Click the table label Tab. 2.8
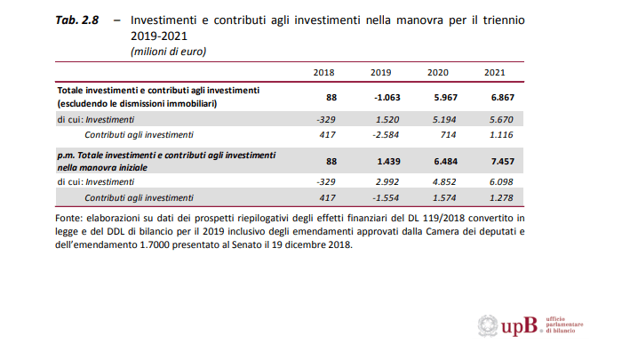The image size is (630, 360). (x=76, y=20)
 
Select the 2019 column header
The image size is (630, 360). (x=381, y=72)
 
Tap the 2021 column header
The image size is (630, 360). (x=495, y=72)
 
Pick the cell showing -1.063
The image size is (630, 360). (x=378, y=96)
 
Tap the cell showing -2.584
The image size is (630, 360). (x=379, y=134)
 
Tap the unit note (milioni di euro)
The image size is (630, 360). (x=168, y=52)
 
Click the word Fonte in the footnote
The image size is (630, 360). (x=70, y=217)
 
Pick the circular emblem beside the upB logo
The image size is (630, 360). (x=488, y=326)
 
